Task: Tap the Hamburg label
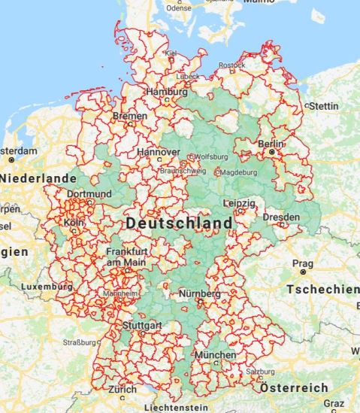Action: pyautogui.click(x=167, y=92)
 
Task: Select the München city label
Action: pyautogui.click(x=215, y=354)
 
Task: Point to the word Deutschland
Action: pyautogui.click(x=179, y=223)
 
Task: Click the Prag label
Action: pyautogui.click(x=302, y=264)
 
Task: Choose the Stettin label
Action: pyautogui.click(x=324, y=106)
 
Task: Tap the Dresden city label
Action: pyautogui.click(x=281, y=217)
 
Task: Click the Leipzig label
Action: pyautogui.click(x=240, y=203)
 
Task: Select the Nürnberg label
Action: pyautogui.click(x=199, y=293)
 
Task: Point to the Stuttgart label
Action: pyautogui.click(x=142, y=325)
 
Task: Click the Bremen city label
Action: pyautogui.click(x=130, y=117)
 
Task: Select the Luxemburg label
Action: pyautogui.click(x=47, y=287)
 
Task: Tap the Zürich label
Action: pyautogui.click(x=122, y=390)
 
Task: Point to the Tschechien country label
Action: pyautogui.click(x=323, y=290)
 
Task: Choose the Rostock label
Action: pyautogui.click(x=233, y=65)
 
